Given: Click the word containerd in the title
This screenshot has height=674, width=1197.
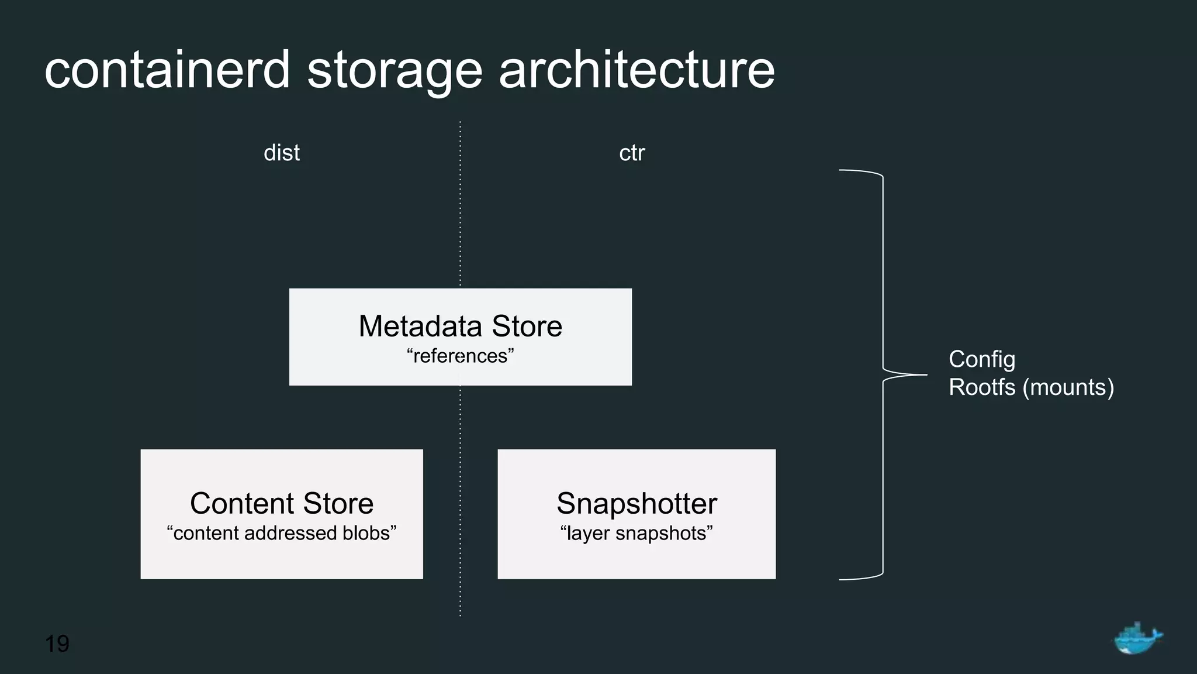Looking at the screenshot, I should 167,70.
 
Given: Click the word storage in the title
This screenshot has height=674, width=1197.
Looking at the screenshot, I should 395,71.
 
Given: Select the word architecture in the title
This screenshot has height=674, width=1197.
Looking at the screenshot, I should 636,70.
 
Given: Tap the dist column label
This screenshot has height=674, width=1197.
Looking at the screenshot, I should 282,153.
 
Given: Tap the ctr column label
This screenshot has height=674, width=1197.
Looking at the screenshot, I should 632,153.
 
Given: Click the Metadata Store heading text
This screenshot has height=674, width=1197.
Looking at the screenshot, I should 460,326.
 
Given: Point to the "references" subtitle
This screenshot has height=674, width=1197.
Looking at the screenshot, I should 460,356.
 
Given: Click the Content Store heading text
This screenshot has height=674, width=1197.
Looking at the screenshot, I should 281,503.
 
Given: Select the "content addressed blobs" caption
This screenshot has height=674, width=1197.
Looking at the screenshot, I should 281,533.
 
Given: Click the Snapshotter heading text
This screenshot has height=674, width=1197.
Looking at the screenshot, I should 636,503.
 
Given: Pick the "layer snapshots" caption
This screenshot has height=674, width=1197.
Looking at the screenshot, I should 636,533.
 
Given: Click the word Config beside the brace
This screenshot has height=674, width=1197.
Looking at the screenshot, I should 982,359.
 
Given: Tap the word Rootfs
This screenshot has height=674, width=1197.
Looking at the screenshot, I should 982,387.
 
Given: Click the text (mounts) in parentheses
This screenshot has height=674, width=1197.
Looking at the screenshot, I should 1068,387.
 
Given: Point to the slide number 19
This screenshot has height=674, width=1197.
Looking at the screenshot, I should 57,644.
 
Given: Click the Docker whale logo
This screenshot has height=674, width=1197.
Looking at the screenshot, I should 1137,638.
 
